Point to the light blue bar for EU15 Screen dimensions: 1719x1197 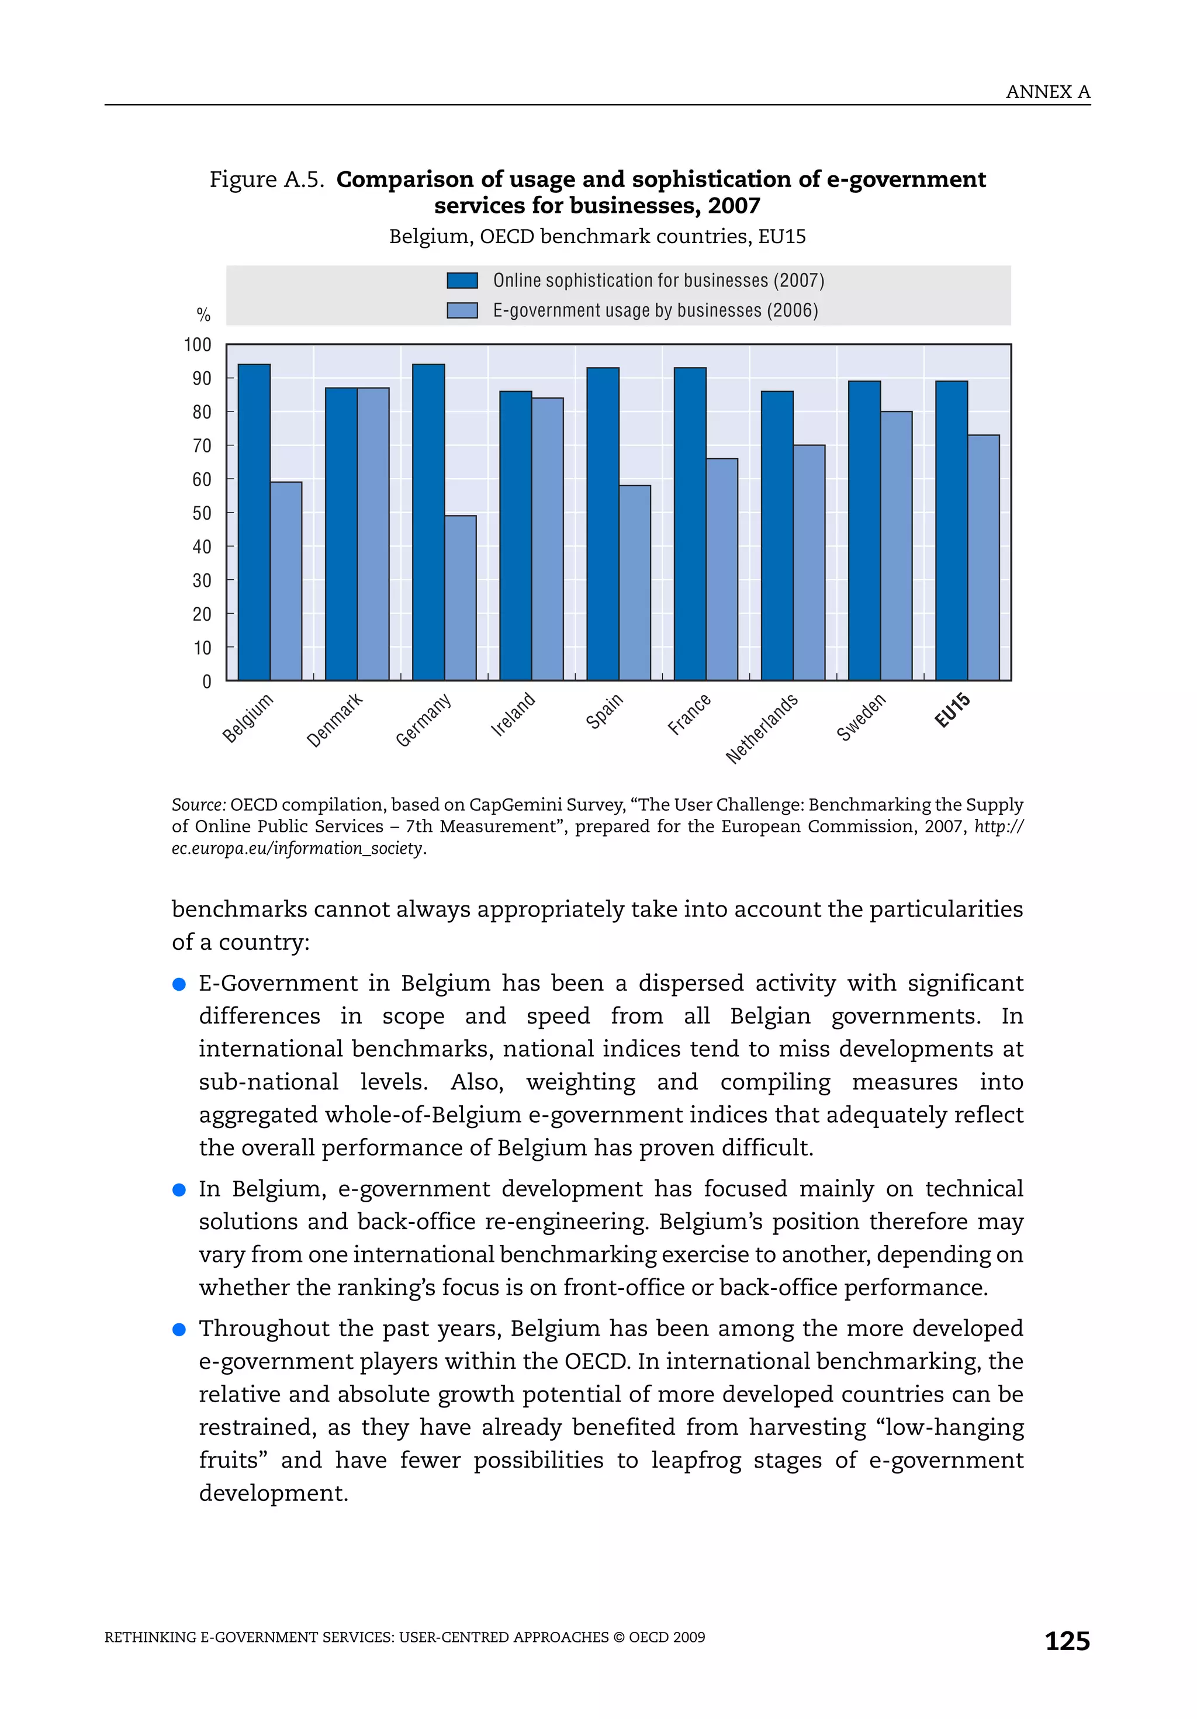983,557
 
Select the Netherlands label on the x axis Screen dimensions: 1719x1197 762,728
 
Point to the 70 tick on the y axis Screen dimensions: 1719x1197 202,446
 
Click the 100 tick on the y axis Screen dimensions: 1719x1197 198,345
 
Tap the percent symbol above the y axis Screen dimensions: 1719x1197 203,314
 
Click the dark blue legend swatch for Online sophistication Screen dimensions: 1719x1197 462,281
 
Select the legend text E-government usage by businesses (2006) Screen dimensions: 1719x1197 655,311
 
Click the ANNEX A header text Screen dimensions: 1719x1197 1047,92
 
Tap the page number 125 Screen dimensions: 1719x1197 1067,1641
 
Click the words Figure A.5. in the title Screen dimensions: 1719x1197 266,179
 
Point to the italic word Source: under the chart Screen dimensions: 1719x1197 198,805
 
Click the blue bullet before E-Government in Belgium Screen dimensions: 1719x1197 179,984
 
